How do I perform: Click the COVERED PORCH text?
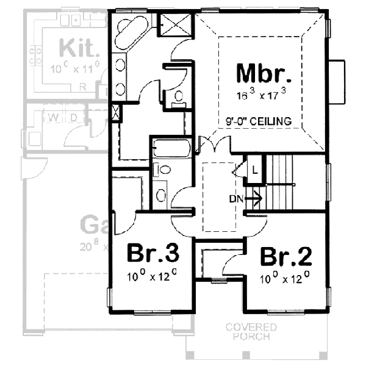click(x=251, y=332)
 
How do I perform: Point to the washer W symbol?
click(x=53, y=117)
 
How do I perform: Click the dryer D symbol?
click(x=72, y=117)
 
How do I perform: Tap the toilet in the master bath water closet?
click(x=179, y=97)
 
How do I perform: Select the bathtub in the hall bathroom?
click(x=171, y=148)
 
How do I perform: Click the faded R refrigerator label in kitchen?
click(x=83, y=87)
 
